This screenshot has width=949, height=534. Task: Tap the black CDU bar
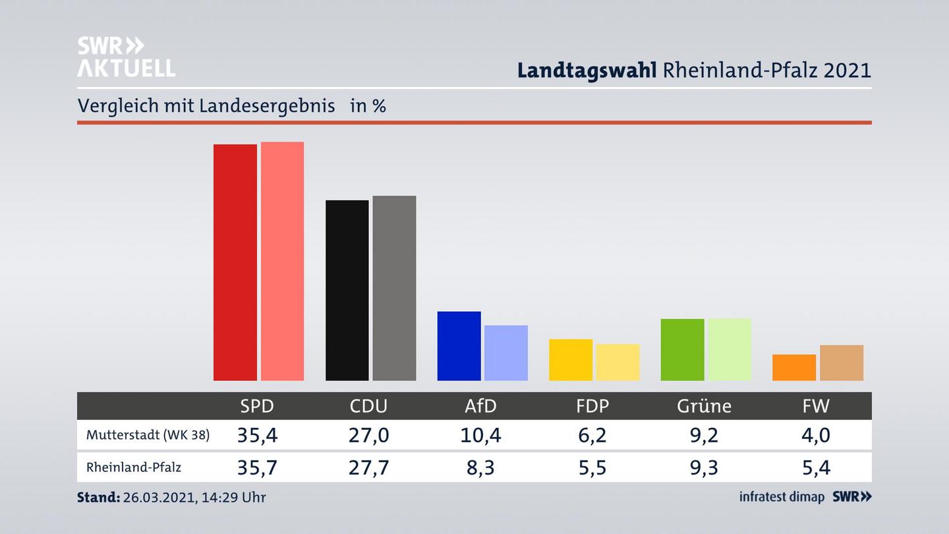(347, 290)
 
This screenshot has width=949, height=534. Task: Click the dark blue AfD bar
(459, 346)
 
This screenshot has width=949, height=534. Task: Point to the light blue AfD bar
(506, 353)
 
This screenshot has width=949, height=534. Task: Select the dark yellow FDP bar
(571, 360)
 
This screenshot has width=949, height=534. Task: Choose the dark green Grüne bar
(682, 349)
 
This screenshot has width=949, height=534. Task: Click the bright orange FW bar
(794, 367)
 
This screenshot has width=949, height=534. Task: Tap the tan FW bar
(842, 363)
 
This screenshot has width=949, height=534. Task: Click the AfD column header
(480, 406)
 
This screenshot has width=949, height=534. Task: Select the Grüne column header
(704, 406)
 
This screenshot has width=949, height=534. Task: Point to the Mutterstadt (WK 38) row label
(148, 435)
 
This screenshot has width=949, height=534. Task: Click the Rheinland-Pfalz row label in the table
(134, 467)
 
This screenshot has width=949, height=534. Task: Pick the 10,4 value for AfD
(480, 435)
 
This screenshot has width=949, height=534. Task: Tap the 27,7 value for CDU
(368, 467)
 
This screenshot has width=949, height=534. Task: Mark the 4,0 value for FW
(816, 435)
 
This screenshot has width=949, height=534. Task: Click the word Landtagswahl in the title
(587, 71)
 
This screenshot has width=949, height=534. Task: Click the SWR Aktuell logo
(126, 57)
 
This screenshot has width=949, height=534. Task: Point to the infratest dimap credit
(782, 497)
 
